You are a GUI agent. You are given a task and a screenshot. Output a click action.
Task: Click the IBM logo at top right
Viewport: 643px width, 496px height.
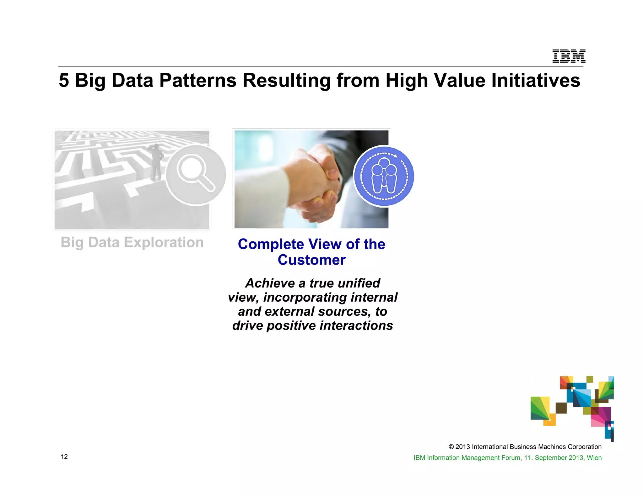[x=569, y=56]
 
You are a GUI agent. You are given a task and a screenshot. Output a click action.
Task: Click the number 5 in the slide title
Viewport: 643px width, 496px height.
[x=64, y=81]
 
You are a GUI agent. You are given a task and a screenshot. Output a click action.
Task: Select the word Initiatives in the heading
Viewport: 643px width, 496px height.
[x=536, y=81]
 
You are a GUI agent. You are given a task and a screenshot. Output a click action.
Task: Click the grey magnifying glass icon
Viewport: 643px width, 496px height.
[x=196, y=175]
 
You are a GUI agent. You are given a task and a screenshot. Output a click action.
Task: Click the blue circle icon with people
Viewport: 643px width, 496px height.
[x=384, y=176]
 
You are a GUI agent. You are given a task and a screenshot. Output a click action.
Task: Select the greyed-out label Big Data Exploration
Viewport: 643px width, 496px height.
[x=132, y=242]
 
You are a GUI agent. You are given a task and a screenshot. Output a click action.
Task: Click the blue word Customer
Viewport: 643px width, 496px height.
[x=311, y=260]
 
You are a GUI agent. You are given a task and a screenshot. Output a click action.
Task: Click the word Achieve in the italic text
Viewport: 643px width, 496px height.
[x=270, y=283]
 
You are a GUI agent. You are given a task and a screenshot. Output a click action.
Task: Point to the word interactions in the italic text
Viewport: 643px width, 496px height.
[x=356, y=325]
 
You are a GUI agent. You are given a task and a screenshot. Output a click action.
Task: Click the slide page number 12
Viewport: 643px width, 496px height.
[x=64, y=457]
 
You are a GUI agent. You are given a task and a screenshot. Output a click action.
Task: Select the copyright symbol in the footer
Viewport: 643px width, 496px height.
[x=451, y=447]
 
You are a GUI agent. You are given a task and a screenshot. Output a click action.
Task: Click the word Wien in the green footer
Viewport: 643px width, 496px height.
[x=594, y=458]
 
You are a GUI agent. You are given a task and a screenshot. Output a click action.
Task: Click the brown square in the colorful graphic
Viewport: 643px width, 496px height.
[x=561, y=408]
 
